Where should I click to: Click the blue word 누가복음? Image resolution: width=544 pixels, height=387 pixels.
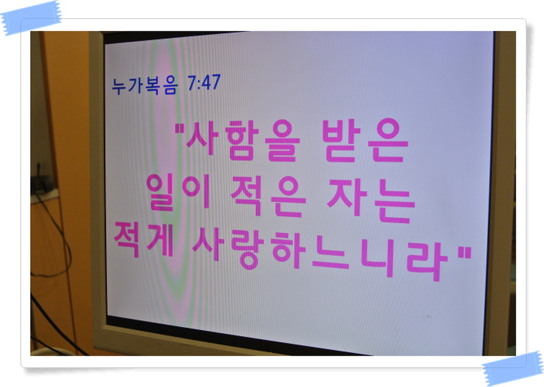(144, 85)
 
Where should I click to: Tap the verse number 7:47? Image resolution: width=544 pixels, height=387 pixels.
(204, 83)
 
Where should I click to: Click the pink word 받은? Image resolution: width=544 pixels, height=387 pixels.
(365, 140)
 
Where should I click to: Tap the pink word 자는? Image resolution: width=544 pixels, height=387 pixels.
(371, 201)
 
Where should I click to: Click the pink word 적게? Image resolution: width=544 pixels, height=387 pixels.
(144, 239)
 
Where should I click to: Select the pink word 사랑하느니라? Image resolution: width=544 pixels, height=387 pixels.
(320, 255)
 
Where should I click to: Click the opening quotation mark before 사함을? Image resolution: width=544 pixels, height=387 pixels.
(180, 129)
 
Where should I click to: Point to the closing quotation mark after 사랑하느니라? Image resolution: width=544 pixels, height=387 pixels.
(465, 252)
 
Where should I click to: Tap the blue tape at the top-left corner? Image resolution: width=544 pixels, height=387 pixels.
(31, 18)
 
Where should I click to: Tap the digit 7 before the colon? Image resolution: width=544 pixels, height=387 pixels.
(192, 83)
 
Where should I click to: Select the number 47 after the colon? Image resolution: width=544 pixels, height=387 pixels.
(211, 82)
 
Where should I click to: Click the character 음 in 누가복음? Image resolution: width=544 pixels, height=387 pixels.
(170, 86)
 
